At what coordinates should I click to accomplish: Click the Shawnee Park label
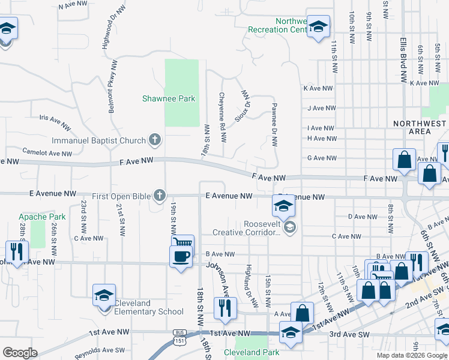point(169,98)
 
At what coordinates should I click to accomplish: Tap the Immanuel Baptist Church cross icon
point(155,140)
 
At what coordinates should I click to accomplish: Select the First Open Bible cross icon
point(160,196)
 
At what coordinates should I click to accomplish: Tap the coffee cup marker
point(181,257)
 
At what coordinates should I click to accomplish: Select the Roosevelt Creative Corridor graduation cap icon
point(290,227)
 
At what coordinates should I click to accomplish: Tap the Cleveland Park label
point(252,352)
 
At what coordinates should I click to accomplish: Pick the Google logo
point(20,353)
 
